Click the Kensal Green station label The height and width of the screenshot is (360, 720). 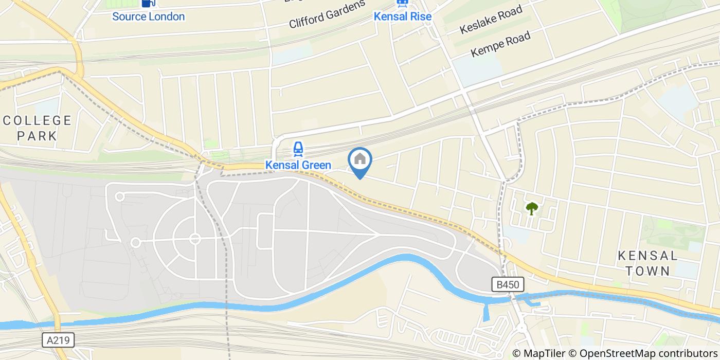298,165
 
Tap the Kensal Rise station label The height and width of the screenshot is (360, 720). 402,16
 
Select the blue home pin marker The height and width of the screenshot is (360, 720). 360,161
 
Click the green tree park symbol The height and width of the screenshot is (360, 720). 532,208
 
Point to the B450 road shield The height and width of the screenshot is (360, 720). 508,284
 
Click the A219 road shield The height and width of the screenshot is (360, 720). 58,340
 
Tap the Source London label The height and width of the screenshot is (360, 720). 148,16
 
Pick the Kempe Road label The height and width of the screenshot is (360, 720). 500,45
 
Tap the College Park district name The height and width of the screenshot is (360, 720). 37,128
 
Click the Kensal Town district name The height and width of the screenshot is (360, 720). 647,263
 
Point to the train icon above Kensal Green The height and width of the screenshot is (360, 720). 298,149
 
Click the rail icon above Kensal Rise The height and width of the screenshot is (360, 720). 402,3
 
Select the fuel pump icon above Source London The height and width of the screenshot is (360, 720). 148,3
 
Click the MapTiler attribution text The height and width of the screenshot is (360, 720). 538,353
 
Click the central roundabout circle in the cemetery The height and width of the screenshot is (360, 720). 194,239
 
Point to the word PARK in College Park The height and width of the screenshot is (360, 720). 37,136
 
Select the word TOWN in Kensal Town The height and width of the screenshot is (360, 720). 647,271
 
